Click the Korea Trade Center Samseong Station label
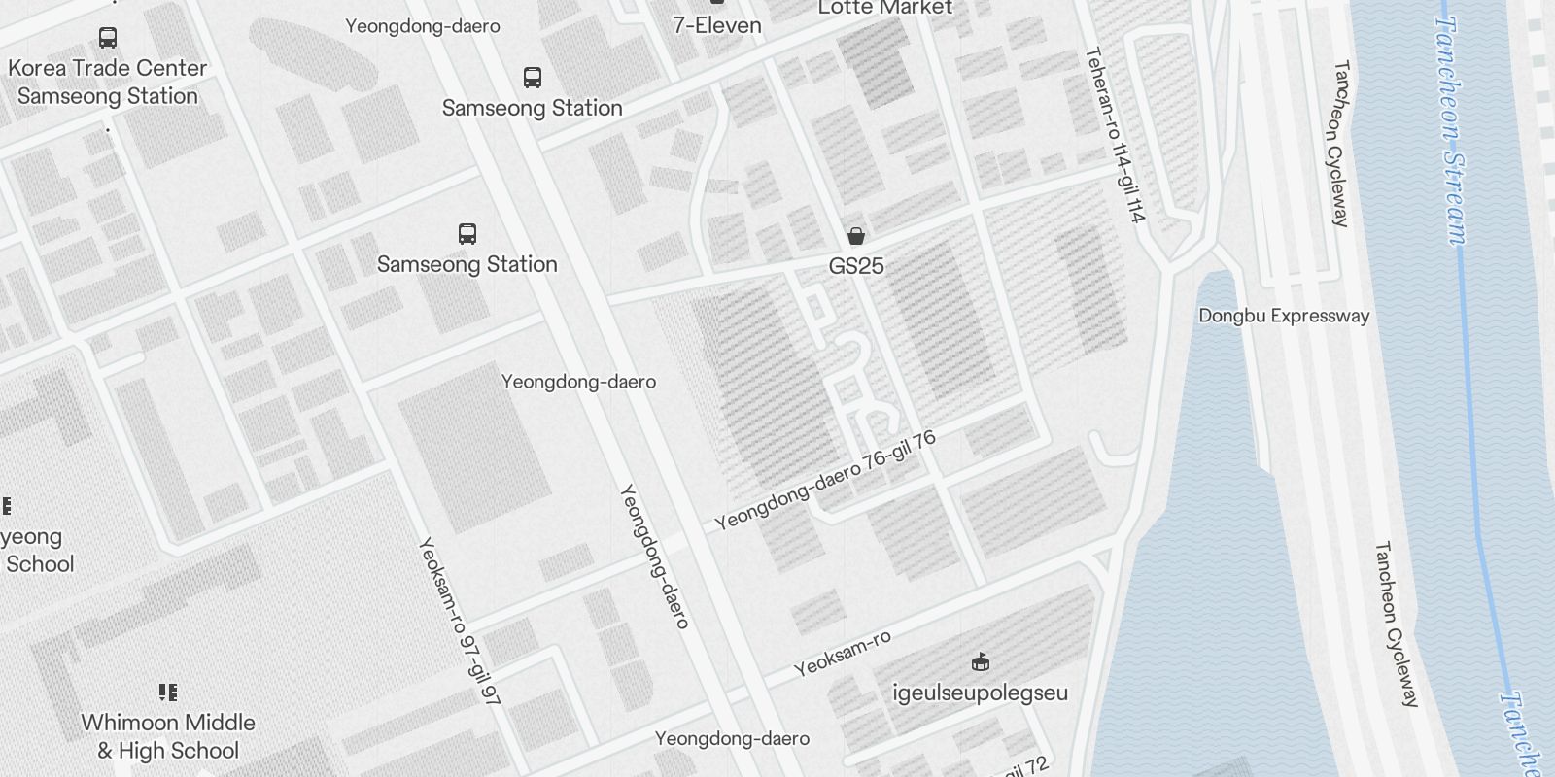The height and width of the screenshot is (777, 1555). (x=108, y=83)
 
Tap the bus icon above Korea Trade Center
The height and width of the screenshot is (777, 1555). (x=108, y=38)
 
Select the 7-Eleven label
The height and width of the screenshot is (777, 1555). (x=717, y=25)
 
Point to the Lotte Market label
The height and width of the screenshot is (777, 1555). (x=884, y=8)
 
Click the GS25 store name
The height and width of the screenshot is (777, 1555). (x=856, y=266)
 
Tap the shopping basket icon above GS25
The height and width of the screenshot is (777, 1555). (x=856, y=236)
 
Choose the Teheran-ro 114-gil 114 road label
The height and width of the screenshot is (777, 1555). (x=1115, y=136)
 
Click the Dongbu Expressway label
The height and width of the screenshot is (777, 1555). (x=1284, y=316)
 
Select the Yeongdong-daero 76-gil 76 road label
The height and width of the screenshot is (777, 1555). (x=825, y=481)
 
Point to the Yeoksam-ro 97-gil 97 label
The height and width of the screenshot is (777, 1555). (x=459, y=622)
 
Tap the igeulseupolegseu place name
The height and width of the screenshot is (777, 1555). (x=980, y=693)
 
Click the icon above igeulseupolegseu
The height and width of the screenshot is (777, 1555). (x=981, y=662)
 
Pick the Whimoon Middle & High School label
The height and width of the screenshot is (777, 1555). (x=168, y=736)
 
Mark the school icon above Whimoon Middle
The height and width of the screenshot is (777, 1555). (x=168, y=693)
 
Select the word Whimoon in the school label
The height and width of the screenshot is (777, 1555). (x=124, y=723)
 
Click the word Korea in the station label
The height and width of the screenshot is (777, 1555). (x=36, y=68)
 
